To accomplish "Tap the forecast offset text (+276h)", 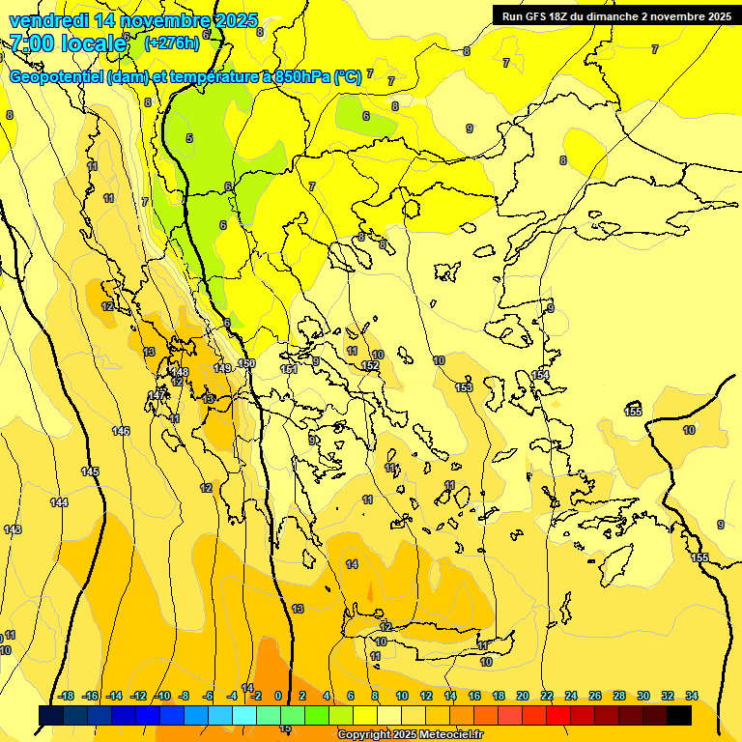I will click(x=172, y=43).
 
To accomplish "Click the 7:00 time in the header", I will click(x=33, y=43).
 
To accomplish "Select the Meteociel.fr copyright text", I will click(x=411, y=735).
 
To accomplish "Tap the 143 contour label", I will click(x=13, y=529).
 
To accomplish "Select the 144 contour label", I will click(x=60, y=502).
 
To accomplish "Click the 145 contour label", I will click(x=90, y=471).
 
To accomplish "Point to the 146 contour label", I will click(x=121, y=431).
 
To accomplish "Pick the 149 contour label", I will click(x=222, y=368).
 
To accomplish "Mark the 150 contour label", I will click(x=246, y=363).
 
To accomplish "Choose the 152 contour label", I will click(x=370, y=366).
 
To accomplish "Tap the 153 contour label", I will click(x=464, y=387).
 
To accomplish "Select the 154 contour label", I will click(x=541, y=375).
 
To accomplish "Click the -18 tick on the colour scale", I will click(x=67, y=696).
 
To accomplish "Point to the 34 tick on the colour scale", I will click(x=692, y=696).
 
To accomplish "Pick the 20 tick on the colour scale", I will click(x=522, y=696).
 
